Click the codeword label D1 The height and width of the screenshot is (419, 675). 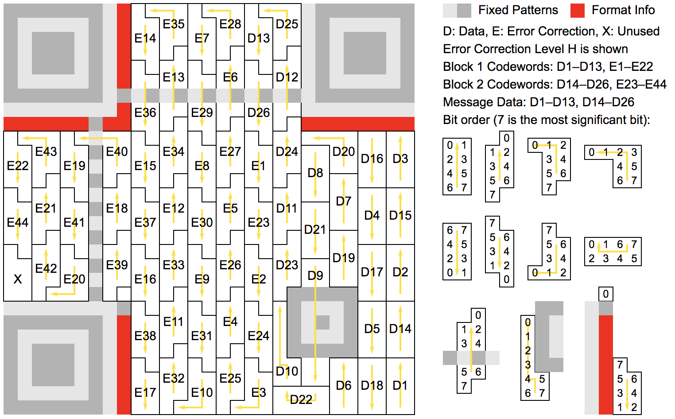[x=400, y=385]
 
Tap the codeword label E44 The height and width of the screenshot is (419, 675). [x=18, y=222]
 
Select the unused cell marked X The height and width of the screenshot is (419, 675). [x=18, y=279]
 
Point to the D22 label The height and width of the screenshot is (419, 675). [x=301, y=400]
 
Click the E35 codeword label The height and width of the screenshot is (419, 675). [x=173, y=24]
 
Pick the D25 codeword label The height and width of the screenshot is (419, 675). [x=287, y=24]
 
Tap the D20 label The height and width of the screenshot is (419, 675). [x=344, y=151]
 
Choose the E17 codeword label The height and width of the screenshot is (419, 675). [x=145, y=392]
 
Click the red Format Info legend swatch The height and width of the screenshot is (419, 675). [x=578, y=10]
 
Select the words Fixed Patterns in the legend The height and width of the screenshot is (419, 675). [x=518, y=10]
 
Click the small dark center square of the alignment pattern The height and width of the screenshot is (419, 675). [x=322, y=322]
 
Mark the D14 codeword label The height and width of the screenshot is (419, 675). [x=400, y=329]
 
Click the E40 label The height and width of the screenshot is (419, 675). [x=117, y=151]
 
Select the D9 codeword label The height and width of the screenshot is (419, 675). [x=315, y=275]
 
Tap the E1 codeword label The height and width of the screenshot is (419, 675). [x=258, y=166]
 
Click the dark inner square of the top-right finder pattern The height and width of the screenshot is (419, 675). [x=365, y=53]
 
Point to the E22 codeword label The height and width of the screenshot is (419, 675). [x=18, y=166]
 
